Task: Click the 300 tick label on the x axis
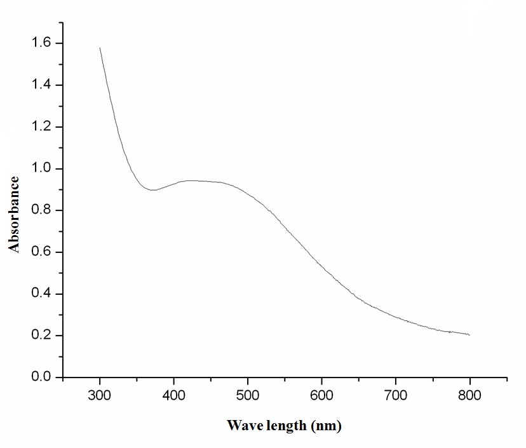point(100,396)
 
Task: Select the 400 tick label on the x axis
point(174,396)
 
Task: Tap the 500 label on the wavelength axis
point(248,396)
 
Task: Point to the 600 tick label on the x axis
point(322,396)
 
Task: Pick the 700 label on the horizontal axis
point(396,396)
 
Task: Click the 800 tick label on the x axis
point(470,396)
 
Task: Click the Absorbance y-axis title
point(15,215)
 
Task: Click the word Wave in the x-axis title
point(242,426)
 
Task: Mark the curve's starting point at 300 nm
point(100,48)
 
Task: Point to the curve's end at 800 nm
point(469,335)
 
